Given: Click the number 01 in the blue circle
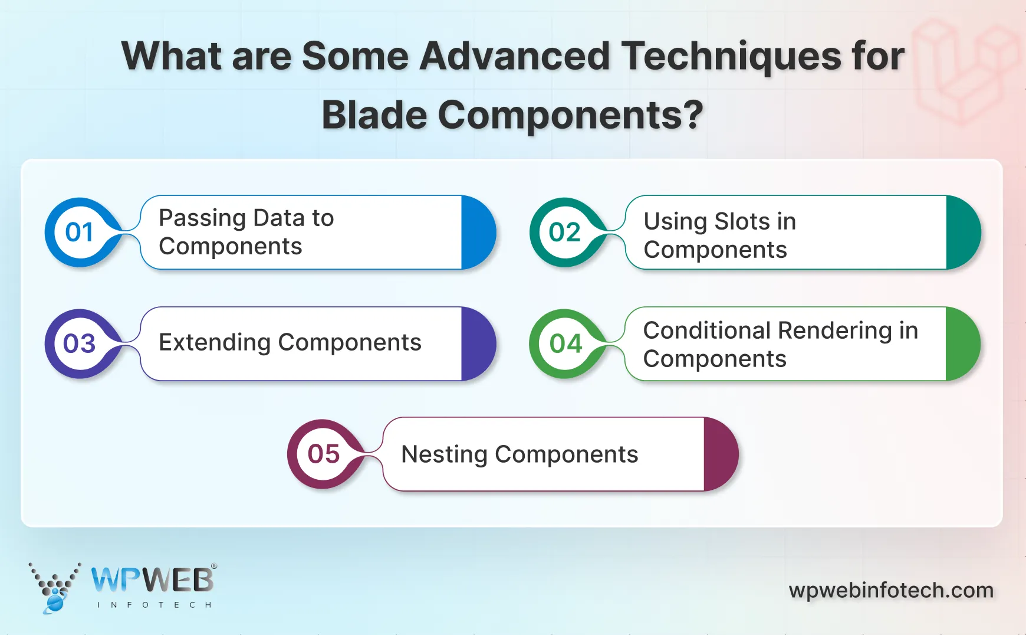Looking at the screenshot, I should [x=80, y=232].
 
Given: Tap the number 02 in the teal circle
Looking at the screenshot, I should [x=564, y=232].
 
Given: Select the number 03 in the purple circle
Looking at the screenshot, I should [x=80, y=343].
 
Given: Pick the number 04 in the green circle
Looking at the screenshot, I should [x=565, y=343].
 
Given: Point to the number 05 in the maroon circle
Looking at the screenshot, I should [x=323, y=454].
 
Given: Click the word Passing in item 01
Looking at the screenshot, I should [x=202, y=218].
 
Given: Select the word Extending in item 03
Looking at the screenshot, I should [x=214, y=342].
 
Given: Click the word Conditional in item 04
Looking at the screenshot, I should [x=707, y=330].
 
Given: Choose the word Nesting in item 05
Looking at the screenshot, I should [x=444, y=454].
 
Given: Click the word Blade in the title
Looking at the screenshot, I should [x=374, y=114].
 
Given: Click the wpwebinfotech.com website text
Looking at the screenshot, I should [x=890, y=590].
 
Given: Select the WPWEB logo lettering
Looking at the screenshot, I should [x=152, y=580].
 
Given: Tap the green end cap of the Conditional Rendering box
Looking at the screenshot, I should [x=961, y=343].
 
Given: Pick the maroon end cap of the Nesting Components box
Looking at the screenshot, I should [x=719, y=454].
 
